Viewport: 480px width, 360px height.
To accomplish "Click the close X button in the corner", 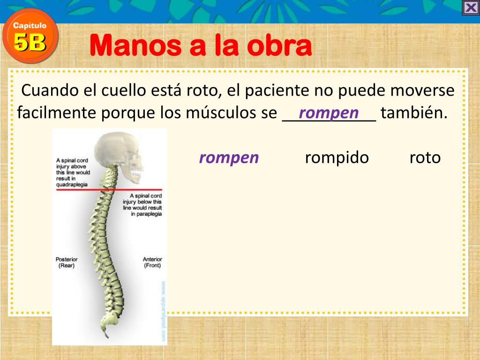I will coord(470,8).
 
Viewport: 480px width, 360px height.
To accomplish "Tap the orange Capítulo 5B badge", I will coord(30,37).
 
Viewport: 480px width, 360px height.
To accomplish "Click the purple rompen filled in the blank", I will coord(329,112).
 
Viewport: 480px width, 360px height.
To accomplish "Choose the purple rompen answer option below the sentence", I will coord(229,157).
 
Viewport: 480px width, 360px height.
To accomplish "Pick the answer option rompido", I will coord(337,157).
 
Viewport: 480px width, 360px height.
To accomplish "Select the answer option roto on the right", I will coord(425,157).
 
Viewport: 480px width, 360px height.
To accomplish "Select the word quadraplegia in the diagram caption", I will coord(72,185).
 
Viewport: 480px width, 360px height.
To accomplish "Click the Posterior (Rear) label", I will coord(67,262).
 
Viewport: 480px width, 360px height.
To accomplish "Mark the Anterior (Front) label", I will coord(152,262).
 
